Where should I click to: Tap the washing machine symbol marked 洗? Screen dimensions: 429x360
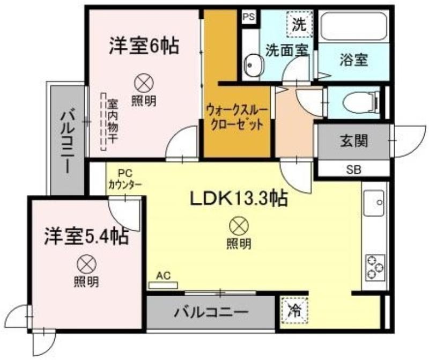[300, 24]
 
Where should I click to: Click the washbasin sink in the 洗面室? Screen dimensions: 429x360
[252, 65]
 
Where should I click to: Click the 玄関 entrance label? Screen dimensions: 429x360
[353, 141]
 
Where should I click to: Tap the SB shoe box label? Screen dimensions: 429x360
[354, 170]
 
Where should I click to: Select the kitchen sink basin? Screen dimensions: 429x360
[374, 203]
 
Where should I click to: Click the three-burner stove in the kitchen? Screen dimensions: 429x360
[375, 267]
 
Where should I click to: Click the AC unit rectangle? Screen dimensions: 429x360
[163, 285]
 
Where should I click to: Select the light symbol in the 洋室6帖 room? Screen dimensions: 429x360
[144, 84]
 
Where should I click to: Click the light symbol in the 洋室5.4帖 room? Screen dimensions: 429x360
[87, 265]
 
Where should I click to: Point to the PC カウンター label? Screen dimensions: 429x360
[125, 179]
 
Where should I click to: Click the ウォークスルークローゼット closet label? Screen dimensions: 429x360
[236, 117]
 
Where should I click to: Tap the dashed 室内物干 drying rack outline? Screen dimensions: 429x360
[103, 121]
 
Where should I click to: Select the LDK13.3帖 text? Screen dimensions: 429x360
[239, 199]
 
